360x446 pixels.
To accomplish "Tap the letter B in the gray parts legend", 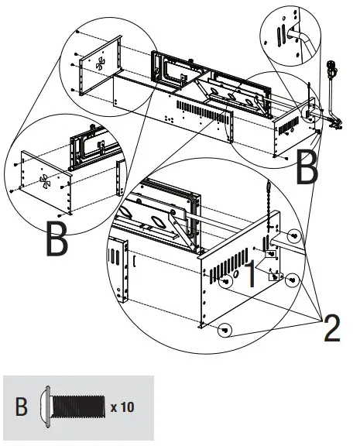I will tap(22, 406).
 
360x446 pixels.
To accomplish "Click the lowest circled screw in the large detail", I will tap(225, 331).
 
